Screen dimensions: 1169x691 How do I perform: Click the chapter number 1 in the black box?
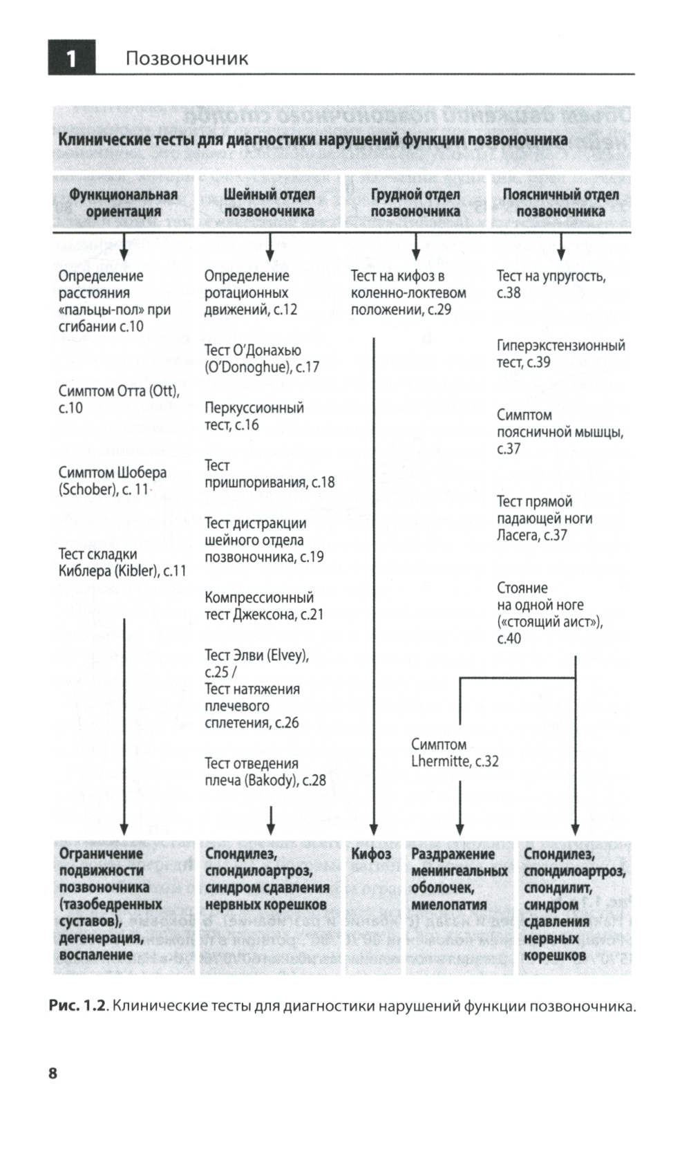[x=71, y=58]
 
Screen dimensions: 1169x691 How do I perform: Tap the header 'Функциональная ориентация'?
[x=123, y=203]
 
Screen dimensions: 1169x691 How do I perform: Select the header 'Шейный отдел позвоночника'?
[x=269, y=203]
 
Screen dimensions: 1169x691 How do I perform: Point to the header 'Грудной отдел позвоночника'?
[x=415, y=203]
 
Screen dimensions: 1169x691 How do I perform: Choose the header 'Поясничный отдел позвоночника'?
[x=560, y=203]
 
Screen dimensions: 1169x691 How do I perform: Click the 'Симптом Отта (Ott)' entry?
[x=118, y=400]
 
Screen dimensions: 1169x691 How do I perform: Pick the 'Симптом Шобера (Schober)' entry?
[x=113, y=481]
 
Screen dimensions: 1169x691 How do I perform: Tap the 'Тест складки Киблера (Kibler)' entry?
[x=122, y=562]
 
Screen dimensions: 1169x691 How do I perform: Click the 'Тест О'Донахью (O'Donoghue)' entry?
[x=262, y=359]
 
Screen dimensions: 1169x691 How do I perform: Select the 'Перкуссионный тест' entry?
[x=254, y=416]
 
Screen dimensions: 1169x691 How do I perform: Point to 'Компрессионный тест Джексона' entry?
[x=263, y=606]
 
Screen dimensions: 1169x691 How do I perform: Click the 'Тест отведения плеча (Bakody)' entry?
[x=265, y=771]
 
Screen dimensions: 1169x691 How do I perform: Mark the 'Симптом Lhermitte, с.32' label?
[x=454, y=753]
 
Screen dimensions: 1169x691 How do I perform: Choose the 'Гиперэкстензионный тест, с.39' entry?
[x=560, y=353]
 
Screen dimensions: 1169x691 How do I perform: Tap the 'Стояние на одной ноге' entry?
[x=549, y=612]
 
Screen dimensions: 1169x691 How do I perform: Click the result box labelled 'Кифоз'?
[x=371, y=854]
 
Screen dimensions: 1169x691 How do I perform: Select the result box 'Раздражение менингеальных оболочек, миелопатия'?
[x=459, y=879]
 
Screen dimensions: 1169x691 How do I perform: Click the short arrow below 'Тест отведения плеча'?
[x=270, y=820]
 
